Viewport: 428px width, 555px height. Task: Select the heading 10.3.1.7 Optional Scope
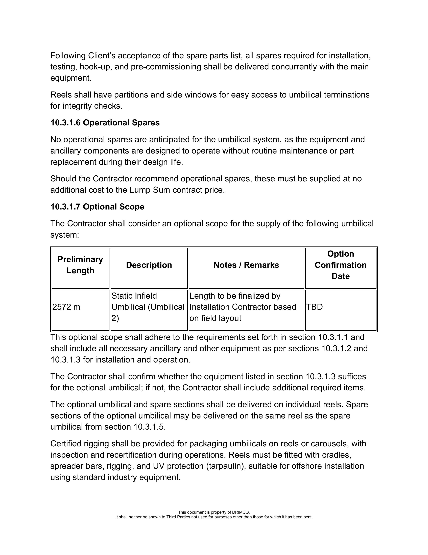coord(97,207)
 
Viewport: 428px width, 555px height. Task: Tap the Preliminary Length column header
coord(80,265)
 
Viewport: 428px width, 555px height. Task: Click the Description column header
coord(149,265)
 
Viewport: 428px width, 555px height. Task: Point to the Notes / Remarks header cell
coord(246,265)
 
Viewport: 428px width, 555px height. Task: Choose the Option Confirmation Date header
coord(341,265)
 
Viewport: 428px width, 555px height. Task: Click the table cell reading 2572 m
coord(66,307)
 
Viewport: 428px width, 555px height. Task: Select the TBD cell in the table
coord(314,307)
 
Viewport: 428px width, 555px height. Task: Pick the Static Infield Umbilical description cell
coord(148,307)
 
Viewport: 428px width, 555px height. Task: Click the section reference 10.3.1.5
coord(149,427)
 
